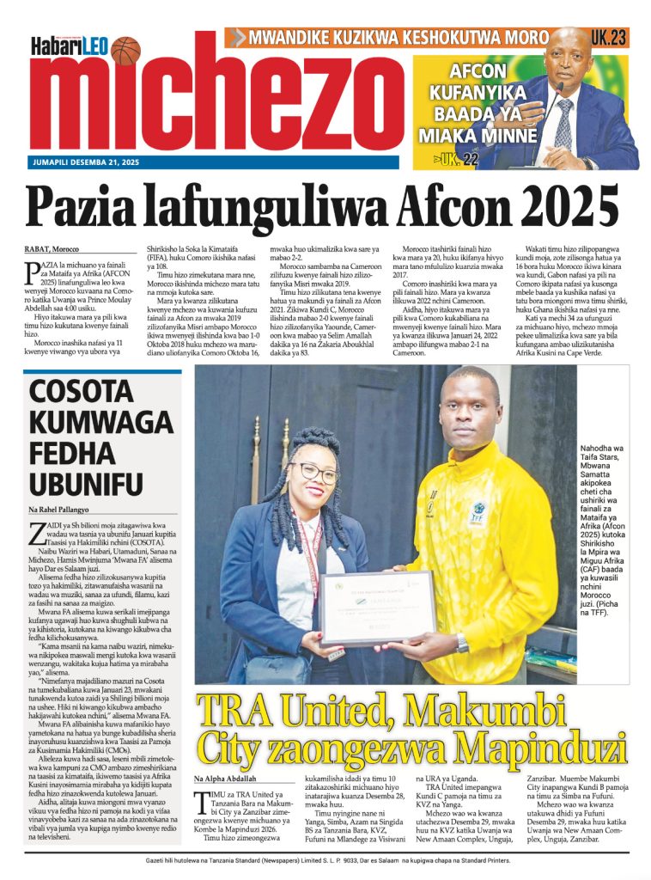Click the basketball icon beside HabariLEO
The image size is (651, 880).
coord(125,51)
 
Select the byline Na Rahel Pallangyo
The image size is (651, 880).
coord(63,510)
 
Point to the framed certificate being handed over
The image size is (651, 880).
coord(377,606)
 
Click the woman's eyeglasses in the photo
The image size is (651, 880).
coord(314,474)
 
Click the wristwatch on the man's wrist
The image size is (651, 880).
coord(463,643)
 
